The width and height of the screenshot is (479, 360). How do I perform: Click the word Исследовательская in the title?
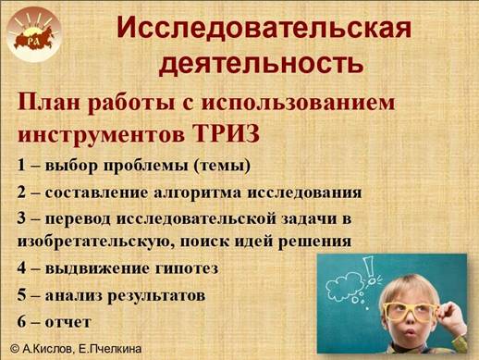click(x=264, y=28)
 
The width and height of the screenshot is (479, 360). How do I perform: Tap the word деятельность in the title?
click(x=262, y=63)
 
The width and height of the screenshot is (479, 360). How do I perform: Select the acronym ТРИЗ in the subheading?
click(x=227, y=133)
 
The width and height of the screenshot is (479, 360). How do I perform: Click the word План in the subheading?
click(x=50, y=102)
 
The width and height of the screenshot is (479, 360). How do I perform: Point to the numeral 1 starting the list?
click(x=21, y=165)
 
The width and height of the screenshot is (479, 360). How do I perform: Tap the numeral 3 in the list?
click(x=21, y=218)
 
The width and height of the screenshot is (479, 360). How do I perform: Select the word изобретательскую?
click(x=94, y=242)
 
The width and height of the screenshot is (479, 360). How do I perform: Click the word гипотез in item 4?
click(x=186, y=268)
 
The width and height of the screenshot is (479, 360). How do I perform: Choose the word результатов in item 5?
click(x=156, y=296)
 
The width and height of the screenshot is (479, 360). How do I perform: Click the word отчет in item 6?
click(x=68, y=323)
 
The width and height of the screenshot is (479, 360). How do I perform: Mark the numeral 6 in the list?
click(x=21, y=322)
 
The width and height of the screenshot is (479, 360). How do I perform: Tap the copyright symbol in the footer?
click(x=15, y=349)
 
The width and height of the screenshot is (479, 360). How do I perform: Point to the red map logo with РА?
click(x=34, y=38)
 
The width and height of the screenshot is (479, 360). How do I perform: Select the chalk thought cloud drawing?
click(x=345, y=284)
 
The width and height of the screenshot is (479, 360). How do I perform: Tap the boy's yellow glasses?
click(x=410, y=312)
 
